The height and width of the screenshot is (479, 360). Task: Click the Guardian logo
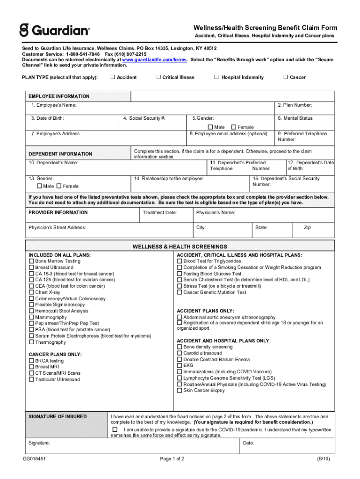[x=54, y=31]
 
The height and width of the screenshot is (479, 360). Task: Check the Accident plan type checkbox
[x=113, y=77]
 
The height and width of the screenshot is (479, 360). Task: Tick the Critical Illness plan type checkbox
[x=158, y=77]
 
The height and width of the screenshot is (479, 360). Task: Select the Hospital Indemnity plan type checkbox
[x=216, y=77]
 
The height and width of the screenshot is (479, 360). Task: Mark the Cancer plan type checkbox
[x=286, y=77]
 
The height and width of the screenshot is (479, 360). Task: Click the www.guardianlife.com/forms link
[x=155, y=60]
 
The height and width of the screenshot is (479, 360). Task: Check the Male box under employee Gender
[x=210, y=127]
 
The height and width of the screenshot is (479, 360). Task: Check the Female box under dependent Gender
[x=59, y=186]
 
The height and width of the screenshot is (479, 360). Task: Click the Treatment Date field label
[x=159, y=212]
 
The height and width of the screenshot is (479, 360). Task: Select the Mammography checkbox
[x=31, y=317]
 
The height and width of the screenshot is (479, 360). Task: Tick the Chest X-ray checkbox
[x=31, y=292]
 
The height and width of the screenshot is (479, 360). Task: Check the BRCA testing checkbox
[x=31, y=361]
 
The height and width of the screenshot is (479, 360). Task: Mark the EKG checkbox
[x=180, y=365]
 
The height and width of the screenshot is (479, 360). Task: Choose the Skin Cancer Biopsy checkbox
[x=180, y=390]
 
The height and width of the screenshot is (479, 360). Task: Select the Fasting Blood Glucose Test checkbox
[x=180, y=274]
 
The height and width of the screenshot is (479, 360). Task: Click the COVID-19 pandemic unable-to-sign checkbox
[x=115, y=429]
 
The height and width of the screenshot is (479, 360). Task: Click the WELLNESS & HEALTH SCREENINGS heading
[x=180, y=247]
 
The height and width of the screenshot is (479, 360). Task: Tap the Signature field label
[x=39, y=443]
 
